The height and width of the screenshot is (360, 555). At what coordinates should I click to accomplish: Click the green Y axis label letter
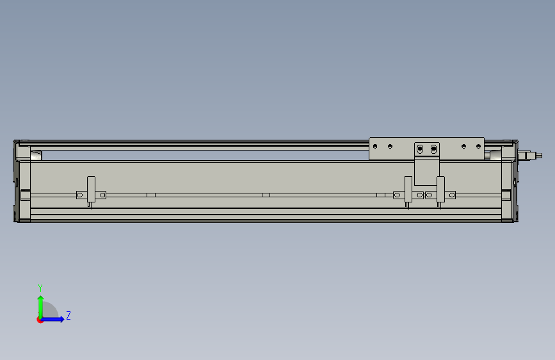pyautogui.click(x=40, y=288)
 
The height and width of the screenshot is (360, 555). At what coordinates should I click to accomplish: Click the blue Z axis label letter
pyautogui.click(x=68, y=315)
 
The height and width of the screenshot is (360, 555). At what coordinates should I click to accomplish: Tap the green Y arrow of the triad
pyautogui.click(x=41, y=307)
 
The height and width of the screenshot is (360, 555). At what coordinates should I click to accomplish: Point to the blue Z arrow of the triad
pyautogui.click(x=52, y=319)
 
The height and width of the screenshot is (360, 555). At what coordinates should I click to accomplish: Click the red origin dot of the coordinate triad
pyautogui.click(x=40, y=320)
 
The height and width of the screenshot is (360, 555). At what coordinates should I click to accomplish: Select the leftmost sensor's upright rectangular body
pyautogui.click(x=91, y=189)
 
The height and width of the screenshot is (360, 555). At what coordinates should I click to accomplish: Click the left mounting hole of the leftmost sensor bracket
pyautogui.click(x=80, y=195)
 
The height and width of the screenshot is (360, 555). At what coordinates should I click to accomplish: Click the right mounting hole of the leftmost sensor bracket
pyautogui.click(x=102, y=195)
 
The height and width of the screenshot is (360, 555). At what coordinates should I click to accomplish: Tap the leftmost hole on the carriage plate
pyautogui.click(x=375, y=146)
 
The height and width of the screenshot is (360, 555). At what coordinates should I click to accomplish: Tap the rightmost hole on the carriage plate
pyautogui.click(x=479, y=146)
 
